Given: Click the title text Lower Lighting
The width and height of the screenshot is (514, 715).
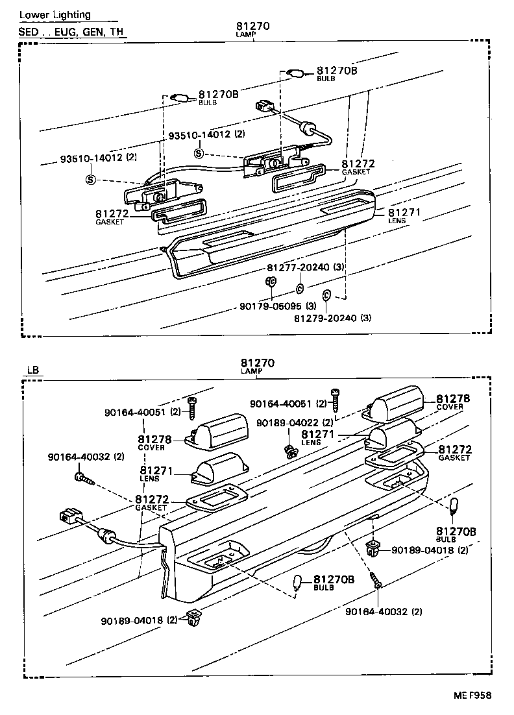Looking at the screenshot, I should click(x=55, y=15).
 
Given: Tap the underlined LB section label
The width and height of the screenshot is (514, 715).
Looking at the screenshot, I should click(x=33, y=370).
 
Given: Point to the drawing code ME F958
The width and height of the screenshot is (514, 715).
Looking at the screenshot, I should click(x=472, y=696).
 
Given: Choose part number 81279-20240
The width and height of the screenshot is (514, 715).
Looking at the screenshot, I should click(x=332, y=318).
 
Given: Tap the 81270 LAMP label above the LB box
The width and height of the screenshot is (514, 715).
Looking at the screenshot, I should click(x=258, y=365).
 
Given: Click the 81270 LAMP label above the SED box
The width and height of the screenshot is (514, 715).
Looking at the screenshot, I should click(x=253, y=29).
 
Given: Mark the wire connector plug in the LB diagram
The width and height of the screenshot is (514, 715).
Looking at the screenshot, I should click(x=70, y=518).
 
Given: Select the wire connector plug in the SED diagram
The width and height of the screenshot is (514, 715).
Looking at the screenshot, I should click(x=264, y=105).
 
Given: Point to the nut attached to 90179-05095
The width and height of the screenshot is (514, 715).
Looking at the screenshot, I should click(x=271, y=282).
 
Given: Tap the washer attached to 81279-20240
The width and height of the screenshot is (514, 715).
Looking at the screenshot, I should click(x=327, y=295).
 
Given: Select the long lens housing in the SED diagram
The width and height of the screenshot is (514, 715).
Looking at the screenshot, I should click(x=273, y=234).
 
